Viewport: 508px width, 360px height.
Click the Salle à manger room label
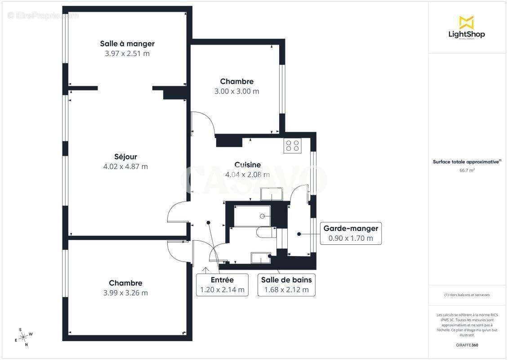click(127, 44)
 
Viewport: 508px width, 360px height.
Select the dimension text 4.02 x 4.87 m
click(125, 166)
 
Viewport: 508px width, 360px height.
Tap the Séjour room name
click(125, 157)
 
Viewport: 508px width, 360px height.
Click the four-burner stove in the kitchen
click(293, 145)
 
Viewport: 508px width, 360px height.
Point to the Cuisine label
click(247, 165)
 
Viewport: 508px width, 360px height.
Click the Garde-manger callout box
click(351, 233)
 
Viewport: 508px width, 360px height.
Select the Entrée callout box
click(223, 285)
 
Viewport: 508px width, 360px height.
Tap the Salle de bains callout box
click(286, 285)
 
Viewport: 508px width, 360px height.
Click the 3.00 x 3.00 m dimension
click(236, 91)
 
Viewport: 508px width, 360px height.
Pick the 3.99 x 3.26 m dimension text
click(125, 293)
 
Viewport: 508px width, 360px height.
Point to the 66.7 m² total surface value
click(468, 171)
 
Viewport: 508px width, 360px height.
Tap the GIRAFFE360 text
click(468, 345)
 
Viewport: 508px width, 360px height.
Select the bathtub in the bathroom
click(252, 216)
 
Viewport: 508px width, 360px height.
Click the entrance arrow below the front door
click(205, 270)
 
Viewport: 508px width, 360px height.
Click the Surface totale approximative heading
click(467, 162)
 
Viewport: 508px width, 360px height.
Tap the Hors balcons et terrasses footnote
click(468, 295)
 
